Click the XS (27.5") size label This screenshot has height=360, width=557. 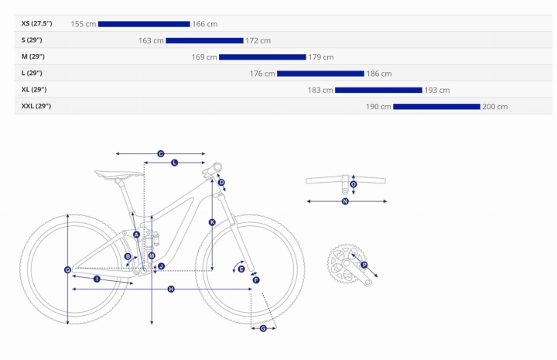point(36,23)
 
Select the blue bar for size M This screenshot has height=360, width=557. point(262,57)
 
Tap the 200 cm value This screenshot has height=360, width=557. point(495,107)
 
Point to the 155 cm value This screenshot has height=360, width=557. point(84,24)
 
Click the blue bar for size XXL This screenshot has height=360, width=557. point(436,107)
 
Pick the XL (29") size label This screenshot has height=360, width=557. point(34,90)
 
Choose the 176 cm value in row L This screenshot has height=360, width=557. point(262,74)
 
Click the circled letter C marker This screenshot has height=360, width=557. point(161,154)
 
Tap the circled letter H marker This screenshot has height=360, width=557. point(171,290)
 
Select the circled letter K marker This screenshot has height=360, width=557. point(212,222)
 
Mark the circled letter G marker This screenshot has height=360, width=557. point(263,328)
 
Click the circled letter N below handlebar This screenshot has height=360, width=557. point(345,201)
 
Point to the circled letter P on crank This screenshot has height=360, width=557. point(364,265)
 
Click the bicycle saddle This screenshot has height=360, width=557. point(119,173)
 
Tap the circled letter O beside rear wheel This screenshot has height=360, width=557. point(67,270)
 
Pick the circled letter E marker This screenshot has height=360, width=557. point(241,269)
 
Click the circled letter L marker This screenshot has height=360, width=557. point(174,163)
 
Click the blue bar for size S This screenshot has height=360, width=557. point(204,40)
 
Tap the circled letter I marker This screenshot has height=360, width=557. point(97,279)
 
